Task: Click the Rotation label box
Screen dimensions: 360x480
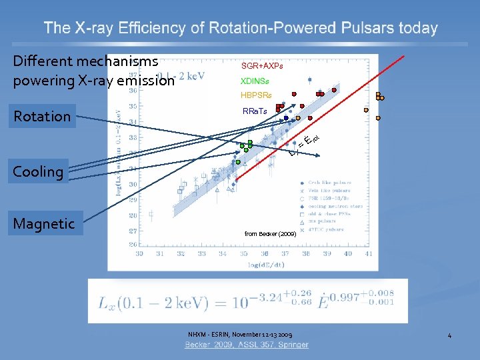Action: [42, 116]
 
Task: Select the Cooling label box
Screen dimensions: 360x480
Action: [38, 171]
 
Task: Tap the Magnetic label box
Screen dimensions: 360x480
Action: [44, 223]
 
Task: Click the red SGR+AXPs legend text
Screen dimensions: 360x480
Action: [262, 67]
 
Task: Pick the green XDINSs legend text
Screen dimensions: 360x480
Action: [255, 81]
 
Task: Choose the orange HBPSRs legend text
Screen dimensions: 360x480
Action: [257, 95]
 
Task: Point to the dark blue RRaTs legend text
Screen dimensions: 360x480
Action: [255, 111]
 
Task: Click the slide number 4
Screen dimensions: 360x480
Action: [449, 335]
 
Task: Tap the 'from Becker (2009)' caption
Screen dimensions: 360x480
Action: [271, 234]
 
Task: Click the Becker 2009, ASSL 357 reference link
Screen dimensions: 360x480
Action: [247, 345]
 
